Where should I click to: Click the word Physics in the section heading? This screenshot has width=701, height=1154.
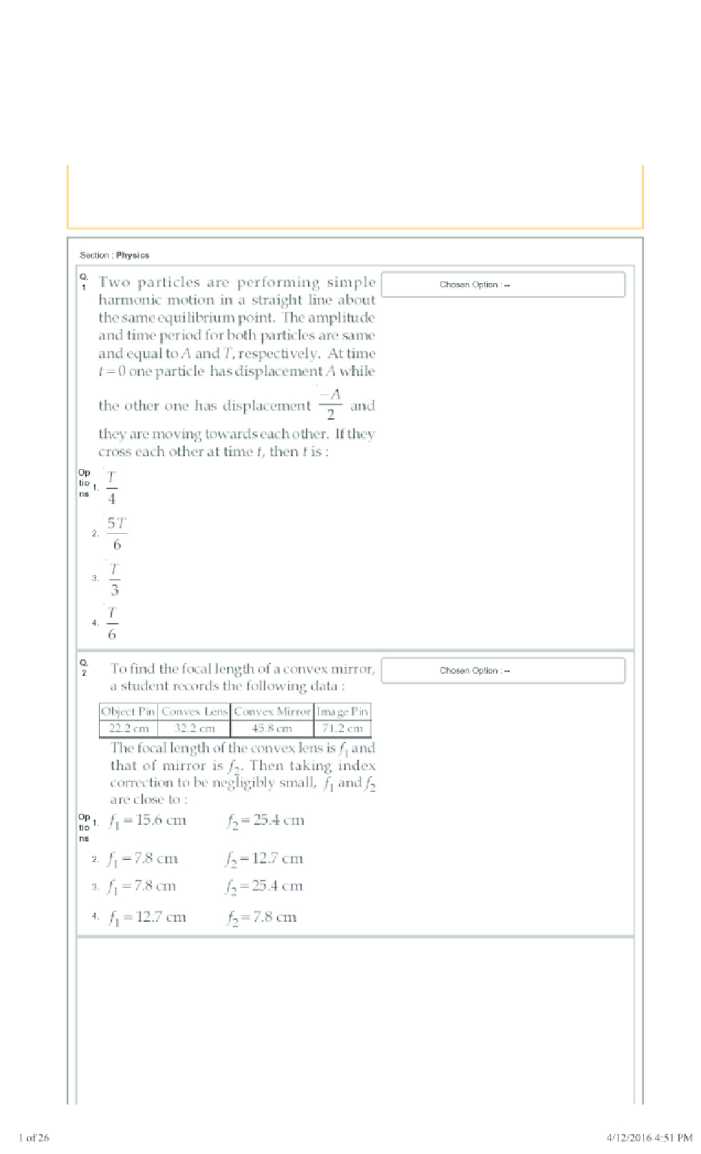133,255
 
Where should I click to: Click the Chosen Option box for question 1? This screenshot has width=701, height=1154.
503,284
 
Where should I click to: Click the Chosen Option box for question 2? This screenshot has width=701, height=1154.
503,670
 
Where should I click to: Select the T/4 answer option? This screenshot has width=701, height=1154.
112,488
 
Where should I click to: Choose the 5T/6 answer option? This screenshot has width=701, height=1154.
117,533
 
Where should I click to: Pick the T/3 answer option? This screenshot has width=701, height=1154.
114,578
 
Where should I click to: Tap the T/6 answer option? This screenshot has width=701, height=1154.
112,623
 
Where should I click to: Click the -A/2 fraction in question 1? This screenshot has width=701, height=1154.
331,404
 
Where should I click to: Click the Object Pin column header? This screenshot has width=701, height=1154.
129,712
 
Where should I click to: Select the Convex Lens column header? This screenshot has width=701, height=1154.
194,712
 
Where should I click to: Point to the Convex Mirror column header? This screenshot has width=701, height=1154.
272,712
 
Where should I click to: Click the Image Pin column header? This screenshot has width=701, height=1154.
342,712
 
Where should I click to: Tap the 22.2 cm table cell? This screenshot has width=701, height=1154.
129,728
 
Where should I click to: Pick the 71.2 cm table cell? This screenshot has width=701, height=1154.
342,728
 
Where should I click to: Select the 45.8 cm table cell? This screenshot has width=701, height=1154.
272,728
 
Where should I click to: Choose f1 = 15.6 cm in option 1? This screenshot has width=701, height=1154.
147,820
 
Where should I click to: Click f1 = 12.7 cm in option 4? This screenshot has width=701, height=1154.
147,917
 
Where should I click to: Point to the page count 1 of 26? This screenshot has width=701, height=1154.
34,1138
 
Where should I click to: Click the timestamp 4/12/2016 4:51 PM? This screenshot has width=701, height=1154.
649,1138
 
